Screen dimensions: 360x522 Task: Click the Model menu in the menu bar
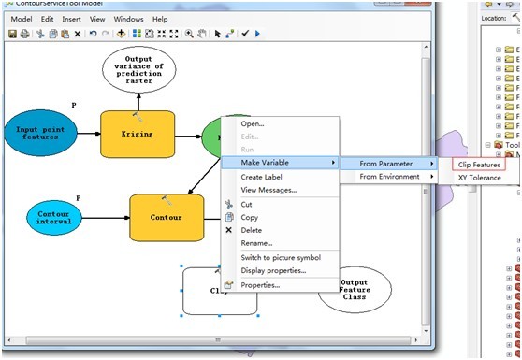tap(21, 19)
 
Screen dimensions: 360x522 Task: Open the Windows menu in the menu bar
tap(128, 19)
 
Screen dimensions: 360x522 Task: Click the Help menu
tap(160, 19)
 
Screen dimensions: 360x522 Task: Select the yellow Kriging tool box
tap(138, 134)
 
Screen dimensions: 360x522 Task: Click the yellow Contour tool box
tap(167, 216)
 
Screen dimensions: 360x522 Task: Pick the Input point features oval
tap(42, 133)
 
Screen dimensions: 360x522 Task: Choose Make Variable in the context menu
tap(265, 163)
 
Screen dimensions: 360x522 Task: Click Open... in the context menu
tap(253, 123)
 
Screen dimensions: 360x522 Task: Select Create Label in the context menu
tap(262, 177)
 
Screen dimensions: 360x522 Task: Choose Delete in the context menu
tap(252, 230)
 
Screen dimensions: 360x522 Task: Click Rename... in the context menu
tap(256, 243)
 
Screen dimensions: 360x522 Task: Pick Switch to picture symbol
tap(281, 257)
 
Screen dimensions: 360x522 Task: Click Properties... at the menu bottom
tap(260, 284)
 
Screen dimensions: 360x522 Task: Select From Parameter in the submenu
tap(385, 163)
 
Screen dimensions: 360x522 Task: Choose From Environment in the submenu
tap(389, 177)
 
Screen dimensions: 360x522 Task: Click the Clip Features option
tap(479, 164)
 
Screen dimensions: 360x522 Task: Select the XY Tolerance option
tap(479, 178)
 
